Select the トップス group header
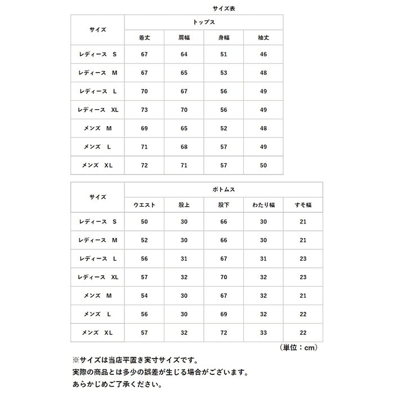click(203, 22)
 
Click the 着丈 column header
click(144, 38)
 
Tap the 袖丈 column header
click(263, 38)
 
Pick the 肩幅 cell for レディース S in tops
click(183, 55)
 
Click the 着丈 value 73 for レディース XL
click(144, 110)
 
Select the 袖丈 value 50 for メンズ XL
click(263, 165)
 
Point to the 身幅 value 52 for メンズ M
click(223, 128)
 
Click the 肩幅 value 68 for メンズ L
click(183, 147)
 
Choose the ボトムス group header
click(223, 190)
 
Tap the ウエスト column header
click(144, 205)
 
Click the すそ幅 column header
click(303, 205)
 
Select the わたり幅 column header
click(263, 205)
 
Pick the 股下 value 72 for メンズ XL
click(223, 333)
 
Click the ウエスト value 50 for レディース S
click(144, 222)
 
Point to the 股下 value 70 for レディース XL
click(223, 277)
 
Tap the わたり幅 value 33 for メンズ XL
click(263, 333)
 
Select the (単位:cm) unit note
click(298, 348)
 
